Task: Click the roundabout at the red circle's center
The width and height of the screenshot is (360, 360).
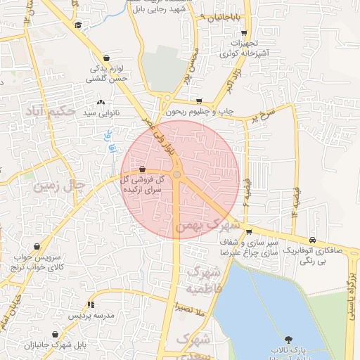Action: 177,174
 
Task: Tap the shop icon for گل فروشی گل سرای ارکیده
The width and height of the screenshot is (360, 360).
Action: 143,169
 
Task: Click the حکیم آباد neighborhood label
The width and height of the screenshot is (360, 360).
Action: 49,111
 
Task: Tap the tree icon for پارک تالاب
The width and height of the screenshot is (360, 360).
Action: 288,339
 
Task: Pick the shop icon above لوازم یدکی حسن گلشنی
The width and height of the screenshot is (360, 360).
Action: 105,58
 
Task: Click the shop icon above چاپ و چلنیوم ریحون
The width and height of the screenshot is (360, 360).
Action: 200,101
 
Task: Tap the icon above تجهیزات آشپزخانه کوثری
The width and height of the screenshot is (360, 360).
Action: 243,32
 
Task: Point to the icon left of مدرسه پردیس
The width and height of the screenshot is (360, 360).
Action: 90,304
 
